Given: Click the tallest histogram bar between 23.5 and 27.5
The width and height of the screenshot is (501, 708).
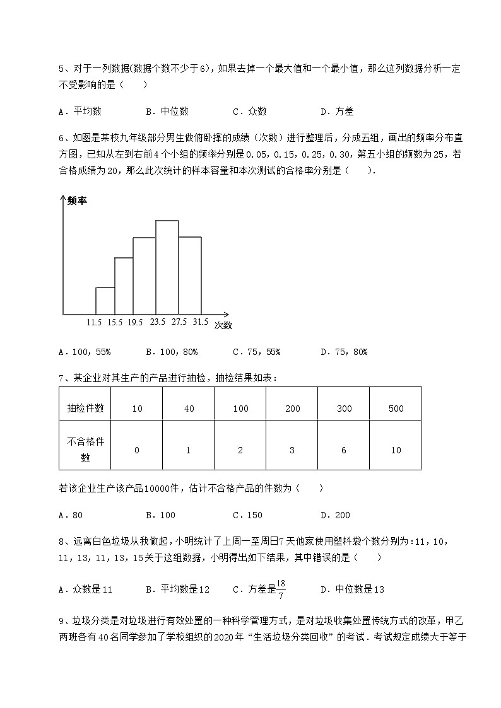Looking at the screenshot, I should [x=167, y=267].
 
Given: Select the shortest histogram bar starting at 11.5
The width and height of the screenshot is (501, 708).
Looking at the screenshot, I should [x=105, y=301].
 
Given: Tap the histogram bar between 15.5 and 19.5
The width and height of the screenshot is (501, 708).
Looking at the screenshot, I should [x=123, y=286].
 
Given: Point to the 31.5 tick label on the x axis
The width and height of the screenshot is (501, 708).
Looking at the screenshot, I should [x=200, y=322].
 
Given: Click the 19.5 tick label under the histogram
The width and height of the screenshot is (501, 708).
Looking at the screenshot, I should [x=134, y=322].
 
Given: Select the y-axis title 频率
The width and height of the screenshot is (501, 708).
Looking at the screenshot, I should [x=77, y=200].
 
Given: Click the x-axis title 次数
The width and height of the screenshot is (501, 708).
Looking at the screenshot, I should [x=223, y=326].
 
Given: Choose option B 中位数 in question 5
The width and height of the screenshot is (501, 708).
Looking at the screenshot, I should [x=167, y=112].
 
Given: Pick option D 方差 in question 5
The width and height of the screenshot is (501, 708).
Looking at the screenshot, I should [x=337, y=112].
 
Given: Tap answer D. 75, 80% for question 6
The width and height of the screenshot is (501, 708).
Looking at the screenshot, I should [x=344, y=352].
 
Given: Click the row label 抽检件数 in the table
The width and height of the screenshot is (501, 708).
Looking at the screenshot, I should [x=85, y=409].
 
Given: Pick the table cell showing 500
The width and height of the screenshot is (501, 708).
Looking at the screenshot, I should [x=396, y=409].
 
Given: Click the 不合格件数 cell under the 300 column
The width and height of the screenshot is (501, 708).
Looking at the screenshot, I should [x=344, y=450].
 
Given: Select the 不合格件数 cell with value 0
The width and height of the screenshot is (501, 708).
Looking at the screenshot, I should [x=137, y=450].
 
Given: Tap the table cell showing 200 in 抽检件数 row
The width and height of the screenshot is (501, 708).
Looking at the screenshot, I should [x=292, y=409].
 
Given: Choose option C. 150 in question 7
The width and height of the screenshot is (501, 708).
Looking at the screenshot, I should [x=247, y=515].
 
